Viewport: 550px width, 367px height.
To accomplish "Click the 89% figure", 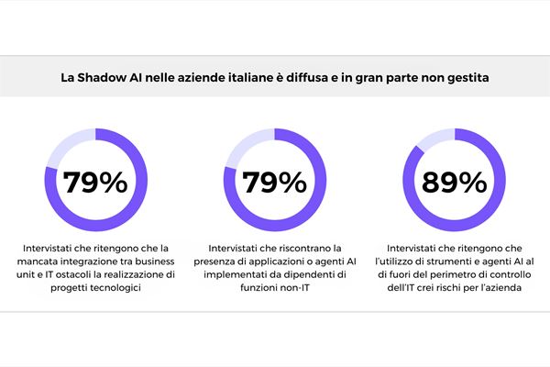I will click(x=455, y=183).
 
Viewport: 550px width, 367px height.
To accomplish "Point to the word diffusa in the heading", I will click(x=323, y=79).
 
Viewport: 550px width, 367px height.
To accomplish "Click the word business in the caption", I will click(x=161, y=261).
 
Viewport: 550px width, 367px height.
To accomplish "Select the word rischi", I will click(x=456, y=288).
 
